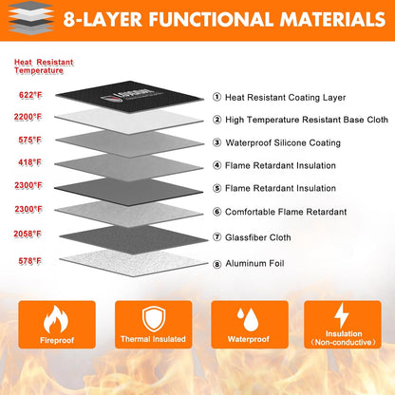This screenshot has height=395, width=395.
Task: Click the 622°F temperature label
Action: pyautogui.click(x=30, y=95)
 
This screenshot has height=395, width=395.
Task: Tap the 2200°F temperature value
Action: pyautogui.click(x=28, y=117)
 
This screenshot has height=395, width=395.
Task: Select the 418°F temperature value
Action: pyautogui.click(x=29, y=162)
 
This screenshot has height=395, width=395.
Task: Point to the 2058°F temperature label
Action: pyautogui.click(x=28, y=234)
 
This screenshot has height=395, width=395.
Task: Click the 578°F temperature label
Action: pyautogui.click(x=30, y=261)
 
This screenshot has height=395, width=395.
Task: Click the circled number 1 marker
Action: pyautogui.click(x=216, y=97)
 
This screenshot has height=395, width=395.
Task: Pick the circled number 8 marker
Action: pyautogui.click(x=216, y=264)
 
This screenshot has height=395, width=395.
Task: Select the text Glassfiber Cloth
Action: pyautogui.click(x=257, y=237)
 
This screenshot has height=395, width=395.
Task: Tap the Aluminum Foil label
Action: pyautogui.click(x=254, y=263)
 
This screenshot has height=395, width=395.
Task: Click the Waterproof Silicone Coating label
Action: pyautogui.click(x=283, y=142)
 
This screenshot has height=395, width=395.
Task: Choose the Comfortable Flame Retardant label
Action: pyautogui.click(x=286, y=212)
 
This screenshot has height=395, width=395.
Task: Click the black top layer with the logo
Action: pyautogui.click(x=130, y=96)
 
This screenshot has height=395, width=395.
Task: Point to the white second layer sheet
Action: pyautogui.click(x=129, y=121)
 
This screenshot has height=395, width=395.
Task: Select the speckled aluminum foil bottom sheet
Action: pyautogui.click(x=134, y=263)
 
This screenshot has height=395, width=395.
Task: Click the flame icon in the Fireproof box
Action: pyautogui.click(x=56, y=319)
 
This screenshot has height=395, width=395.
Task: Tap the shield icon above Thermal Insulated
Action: pyautogui.click(x=154, y=319)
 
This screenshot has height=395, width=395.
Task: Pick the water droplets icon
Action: pyautogui.click(x=248, y=319)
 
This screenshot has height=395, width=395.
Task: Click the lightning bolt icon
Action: pyautogui.click(x=342, y=315)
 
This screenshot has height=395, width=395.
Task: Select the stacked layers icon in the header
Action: pyautogui.click(x=30, y=17)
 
